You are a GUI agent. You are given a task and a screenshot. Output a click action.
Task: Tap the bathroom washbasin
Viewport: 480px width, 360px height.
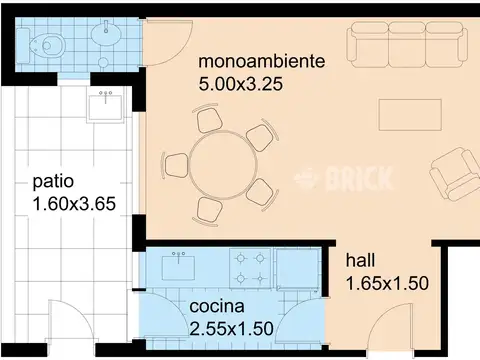pyautogui.click(x=106, y=33)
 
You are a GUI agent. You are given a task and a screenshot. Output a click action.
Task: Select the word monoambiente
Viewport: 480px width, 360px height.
pyautogui.click(x=261, y=61)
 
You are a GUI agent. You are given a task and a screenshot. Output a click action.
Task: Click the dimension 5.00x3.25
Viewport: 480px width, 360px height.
pyautogui.click(x=241, y=84)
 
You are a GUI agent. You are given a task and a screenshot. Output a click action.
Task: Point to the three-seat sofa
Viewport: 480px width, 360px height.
pyautogui.click(x=407, y=45)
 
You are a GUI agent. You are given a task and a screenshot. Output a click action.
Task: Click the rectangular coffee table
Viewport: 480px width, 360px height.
pyautogui.click(x=410, y=115)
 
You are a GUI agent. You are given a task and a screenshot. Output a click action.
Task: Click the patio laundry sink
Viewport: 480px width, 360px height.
pyautogui.click(x=105, y=105)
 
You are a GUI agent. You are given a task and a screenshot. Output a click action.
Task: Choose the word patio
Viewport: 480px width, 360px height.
pyautogui.click(x=53, y=182)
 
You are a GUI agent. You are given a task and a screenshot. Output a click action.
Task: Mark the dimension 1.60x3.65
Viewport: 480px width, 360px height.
pyautogui.click(x=74, y=204)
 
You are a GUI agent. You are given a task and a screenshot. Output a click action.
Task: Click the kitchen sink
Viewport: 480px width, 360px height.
pyautogui.click(x=178, y=267)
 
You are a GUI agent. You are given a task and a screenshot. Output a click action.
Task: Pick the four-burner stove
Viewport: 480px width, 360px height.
pyautogui.click(x=250, y=268)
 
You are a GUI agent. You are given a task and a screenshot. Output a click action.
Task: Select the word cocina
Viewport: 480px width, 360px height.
pyautogui.click(x=217, y=306)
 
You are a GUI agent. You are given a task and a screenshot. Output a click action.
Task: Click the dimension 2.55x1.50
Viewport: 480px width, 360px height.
pyautogui.click(x=231, y=328)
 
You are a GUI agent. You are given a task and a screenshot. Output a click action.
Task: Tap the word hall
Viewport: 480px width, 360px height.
pyautogui.click(x=360, y=260)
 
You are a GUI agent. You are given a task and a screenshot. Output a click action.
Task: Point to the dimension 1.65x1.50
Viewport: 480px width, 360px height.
pyautogui.click(x=387, y=283)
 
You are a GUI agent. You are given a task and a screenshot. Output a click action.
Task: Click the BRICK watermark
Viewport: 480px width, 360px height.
pyautogui.click(x=344, y=179)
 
